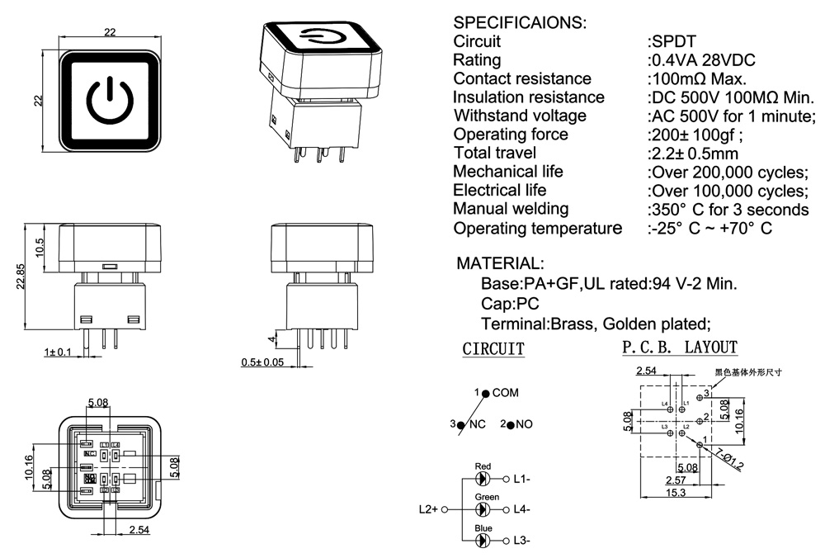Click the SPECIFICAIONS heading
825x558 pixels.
point(520,22)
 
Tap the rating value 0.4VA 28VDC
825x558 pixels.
point(703,60)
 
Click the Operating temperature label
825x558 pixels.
point(537,228)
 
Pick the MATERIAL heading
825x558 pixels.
point(500,264)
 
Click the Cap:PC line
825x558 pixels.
point(510,303)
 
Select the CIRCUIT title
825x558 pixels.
point(493,349)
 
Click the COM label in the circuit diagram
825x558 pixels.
point(505,394)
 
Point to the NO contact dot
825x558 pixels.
point(511,425)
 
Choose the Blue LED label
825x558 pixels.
point(483,527)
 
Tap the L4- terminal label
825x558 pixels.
point(521,509)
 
